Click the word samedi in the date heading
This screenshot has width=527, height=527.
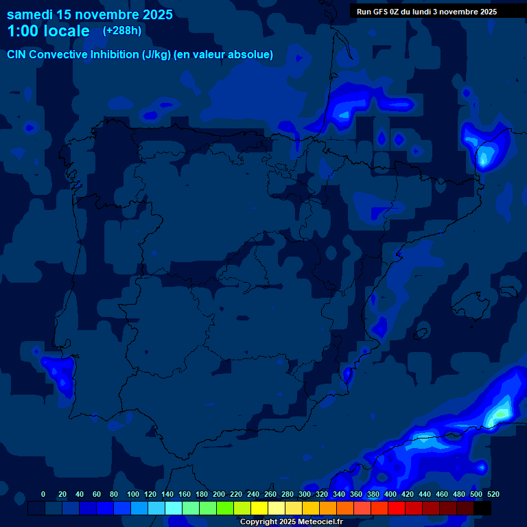[32, 14]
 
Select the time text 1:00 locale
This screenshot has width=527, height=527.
[48, 31]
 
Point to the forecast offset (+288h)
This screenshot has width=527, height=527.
[123, 31]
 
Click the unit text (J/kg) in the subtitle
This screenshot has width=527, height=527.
[157, 55]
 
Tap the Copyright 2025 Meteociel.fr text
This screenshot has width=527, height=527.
[291, 522]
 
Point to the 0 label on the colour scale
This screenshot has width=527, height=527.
[43, 494]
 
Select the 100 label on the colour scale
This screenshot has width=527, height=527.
[133, 494]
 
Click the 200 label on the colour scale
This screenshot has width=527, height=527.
[219, 494]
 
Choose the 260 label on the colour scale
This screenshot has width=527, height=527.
[270, 494]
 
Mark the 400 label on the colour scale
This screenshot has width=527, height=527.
[390, 494]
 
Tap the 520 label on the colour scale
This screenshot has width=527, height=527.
[493, 494]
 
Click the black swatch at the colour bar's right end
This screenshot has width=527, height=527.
[482, 508]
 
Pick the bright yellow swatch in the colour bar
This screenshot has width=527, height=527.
[259, 508]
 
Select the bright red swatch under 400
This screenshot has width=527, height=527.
[397, 508]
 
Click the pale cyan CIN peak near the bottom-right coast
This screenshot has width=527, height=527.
[500, 413]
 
